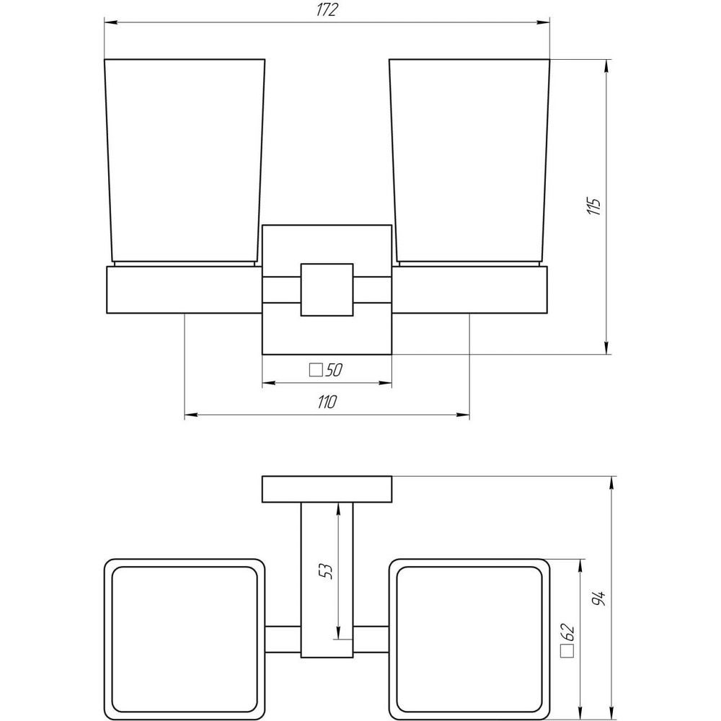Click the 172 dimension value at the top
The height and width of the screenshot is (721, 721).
(327, 10)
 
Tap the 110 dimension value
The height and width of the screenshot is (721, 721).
(327, 402)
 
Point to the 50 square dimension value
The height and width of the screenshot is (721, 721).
(332, 370)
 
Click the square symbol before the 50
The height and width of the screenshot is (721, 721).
(315, 370)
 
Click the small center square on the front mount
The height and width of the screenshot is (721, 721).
(327, 290)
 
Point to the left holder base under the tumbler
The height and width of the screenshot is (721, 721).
(184, 291)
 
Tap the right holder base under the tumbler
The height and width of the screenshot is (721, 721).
(470, 291)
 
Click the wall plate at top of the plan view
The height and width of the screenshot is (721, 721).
(327, 490)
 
